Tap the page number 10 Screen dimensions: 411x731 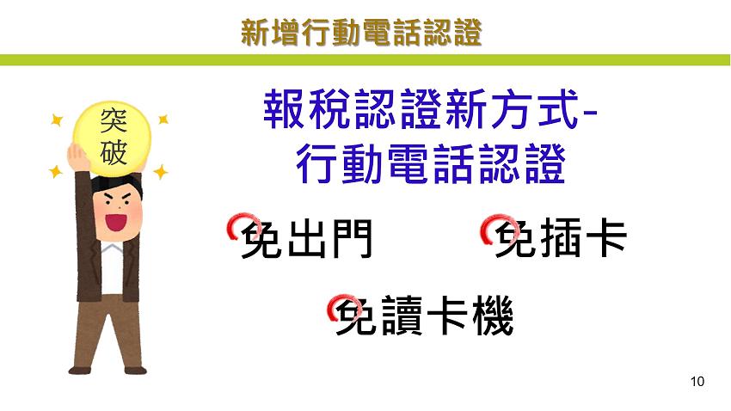[697, 381]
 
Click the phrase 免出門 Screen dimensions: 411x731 [306, 240]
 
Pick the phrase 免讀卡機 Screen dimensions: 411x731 [424, 318]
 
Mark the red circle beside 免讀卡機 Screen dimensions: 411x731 [337, 308]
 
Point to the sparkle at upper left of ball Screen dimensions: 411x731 [58, 120]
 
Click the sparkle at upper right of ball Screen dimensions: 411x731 [163, 120]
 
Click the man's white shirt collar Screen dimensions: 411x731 [110, 250]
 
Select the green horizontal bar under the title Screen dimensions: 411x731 [365, 60]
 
